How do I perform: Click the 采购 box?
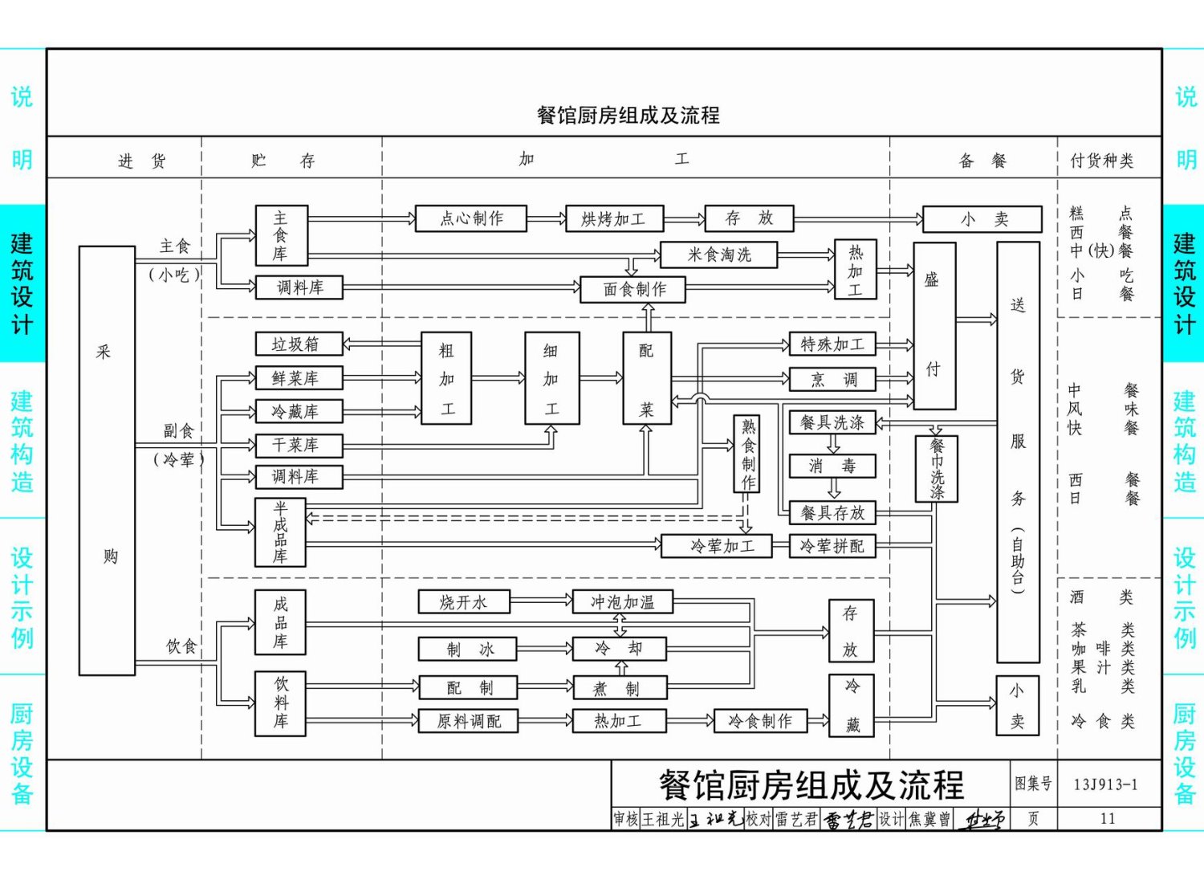[107, 460]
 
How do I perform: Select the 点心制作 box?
[471, 218]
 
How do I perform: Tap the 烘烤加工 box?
[614, 218]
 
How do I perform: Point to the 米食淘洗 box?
[718, 255]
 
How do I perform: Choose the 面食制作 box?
[633, 289]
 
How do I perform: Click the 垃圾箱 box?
[299, 344]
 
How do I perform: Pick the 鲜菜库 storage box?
[299, 378]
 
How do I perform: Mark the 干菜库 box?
[299, 445]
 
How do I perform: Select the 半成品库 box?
[280, 532]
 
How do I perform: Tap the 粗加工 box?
[446, 378]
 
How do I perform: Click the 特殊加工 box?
[832, 344]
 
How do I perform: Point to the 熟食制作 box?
[747, 454]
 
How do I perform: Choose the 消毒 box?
[832, 466]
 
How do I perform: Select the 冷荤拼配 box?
[832, 546]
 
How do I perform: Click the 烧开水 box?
[464, 602]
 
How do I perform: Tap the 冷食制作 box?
[760, 721]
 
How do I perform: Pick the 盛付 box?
[934, 325]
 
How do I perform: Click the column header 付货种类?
[1101, 161]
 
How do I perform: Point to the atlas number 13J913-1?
[1105, 784]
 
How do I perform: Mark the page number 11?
[1108, 818]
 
